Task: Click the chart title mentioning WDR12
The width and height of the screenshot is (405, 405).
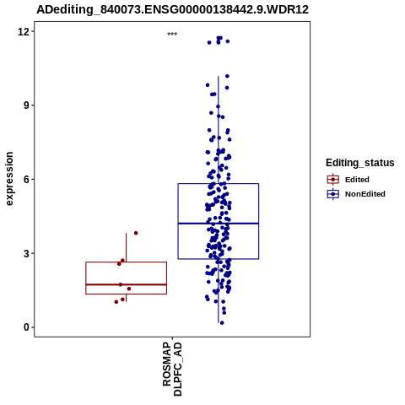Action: coord(172,9)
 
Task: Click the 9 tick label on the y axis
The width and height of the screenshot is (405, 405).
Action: coord(27,105)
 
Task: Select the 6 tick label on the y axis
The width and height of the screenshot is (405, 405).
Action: coord(27,180)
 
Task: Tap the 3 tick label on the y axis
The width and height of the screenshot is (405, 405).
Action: coord(27,253)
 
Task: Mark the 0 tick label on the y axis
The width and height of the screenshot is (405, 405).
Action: coord(27,327)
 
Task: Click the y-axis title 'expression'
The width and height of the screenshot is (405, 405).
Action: coord(9,179)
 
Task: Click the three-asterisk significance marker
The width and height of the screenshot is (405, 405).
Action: coord(172,35)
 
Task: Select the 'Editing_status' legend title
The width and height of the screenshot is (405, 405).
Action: coord(360,163)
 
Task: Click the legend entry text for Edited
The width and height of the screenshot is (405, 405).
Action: coord(357,180)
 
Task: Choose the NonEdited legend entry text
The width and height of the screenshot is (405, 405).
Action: coord(365,194)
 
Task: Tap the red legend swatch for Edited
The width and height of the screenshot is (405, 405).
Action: coord(333,180)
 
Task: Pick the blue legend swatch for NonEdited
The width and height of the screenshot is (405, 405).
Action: coord(333,194)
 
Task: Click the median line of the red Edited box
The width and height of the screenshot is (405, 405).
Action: coord(126,284)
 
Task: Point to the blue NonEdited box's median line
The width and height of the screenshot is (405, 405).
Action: coord(219,224)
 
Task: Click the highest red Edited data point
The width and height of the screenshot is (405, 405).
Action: coord(136,233)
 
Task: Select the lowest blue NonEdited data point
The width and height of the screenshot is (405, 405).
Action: coord(222,323)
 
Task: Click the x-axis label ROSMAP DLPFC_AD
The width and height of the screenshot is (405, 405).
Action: coord(172,369)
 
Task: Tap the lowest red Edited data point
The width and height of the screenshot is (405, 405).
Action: coord(116,302)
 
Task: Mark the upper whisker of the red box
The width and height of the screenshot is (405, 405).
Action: coord(126,247)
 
